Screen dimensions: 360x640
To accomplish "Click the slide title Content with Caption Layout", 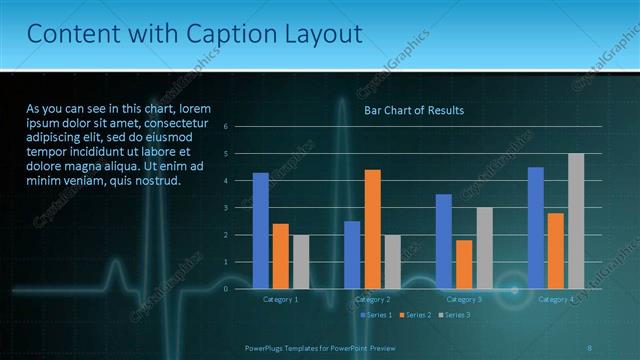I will click(x=195, y=35).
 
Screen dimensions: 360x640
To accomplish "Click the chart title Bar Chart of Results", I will click(x=413, y=110).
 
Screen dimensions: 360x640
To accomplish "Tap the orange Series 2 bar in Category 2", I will click(x=372, y=229).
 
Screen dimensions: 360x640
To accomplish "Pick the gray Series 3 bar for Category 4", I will click(x=576, y=221).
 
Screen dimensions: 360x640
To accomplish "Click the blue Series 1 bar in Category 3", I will click(x=443, y=241).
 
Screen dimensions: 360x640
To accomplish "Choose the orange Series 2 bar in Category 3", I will click(x=464, y=264).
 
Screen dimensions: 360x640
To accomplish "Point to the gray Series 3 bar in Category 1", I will click(x=301, y=261).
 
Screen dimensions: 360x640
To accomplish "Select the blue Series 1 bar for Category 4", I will click(x=536, y=228).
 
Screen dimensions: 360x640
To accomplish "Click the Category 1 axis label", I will click(x=280, y=299).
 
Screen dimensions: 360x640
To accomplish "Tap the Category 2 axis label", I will click(x=372, y=299).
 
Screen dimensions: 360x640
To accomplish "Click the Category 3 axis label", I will click(x=464, y=299).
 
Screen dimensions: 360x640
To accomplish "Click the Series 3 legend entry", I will click(x=455, y=315).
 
